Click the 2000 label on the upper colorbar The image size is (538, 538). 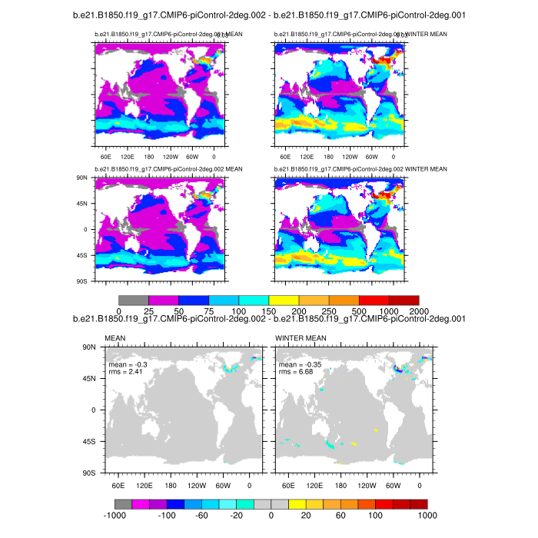419,309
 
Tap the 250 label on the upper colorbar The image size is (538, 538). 329,309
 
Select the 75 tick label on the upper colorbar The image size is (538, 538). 208,309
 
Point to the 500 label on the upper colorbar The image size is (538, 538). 359,309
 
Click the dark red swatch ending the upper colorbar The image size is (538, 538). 404,299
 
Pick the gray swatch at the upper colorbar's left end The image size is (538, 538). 134,299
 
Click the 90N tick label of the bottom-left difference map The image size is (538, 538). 95,347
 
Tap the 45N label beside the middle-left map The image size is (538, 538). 84,204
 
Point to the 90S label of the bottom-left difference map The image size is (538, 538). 95,473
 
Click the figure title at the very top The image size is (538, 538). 269,15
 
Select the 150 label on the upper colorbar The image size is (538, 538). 269,309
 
